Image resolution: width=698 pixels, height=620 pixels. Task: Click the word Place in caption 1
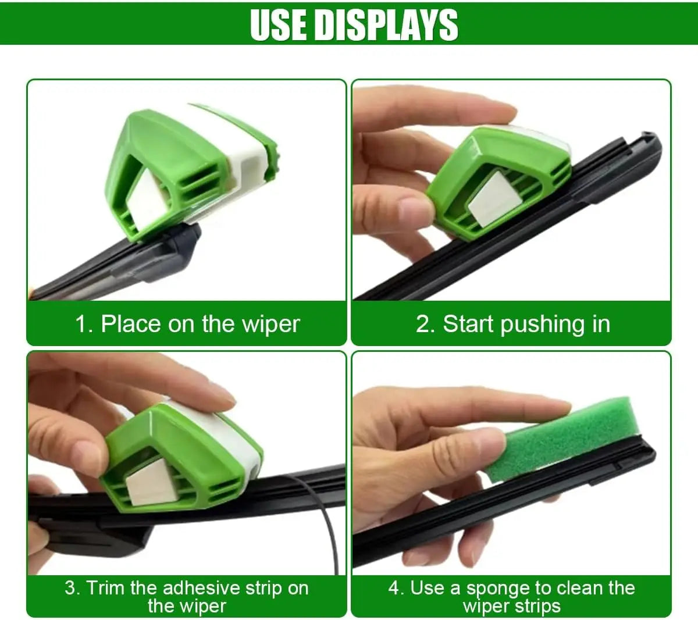131,324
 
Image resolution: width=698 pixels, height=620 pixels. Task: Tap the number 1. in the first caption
84,325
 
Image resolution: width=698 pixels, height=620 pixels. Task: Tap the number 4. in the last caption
396,589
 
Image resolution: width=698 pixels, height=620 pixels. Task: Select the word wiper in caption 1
271,325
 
